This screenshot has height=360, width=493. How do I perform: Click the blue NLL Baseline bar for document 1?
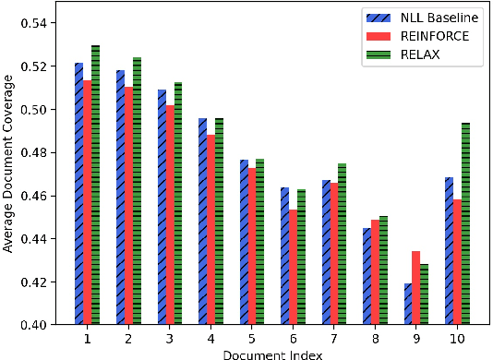78,194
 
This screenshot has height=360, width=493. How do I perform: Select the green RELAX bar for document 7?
343,244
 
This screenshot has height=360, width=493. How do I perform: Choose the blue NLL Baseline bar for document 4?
202,222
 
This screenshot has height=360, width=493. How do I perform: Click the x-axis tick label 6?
292,338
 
